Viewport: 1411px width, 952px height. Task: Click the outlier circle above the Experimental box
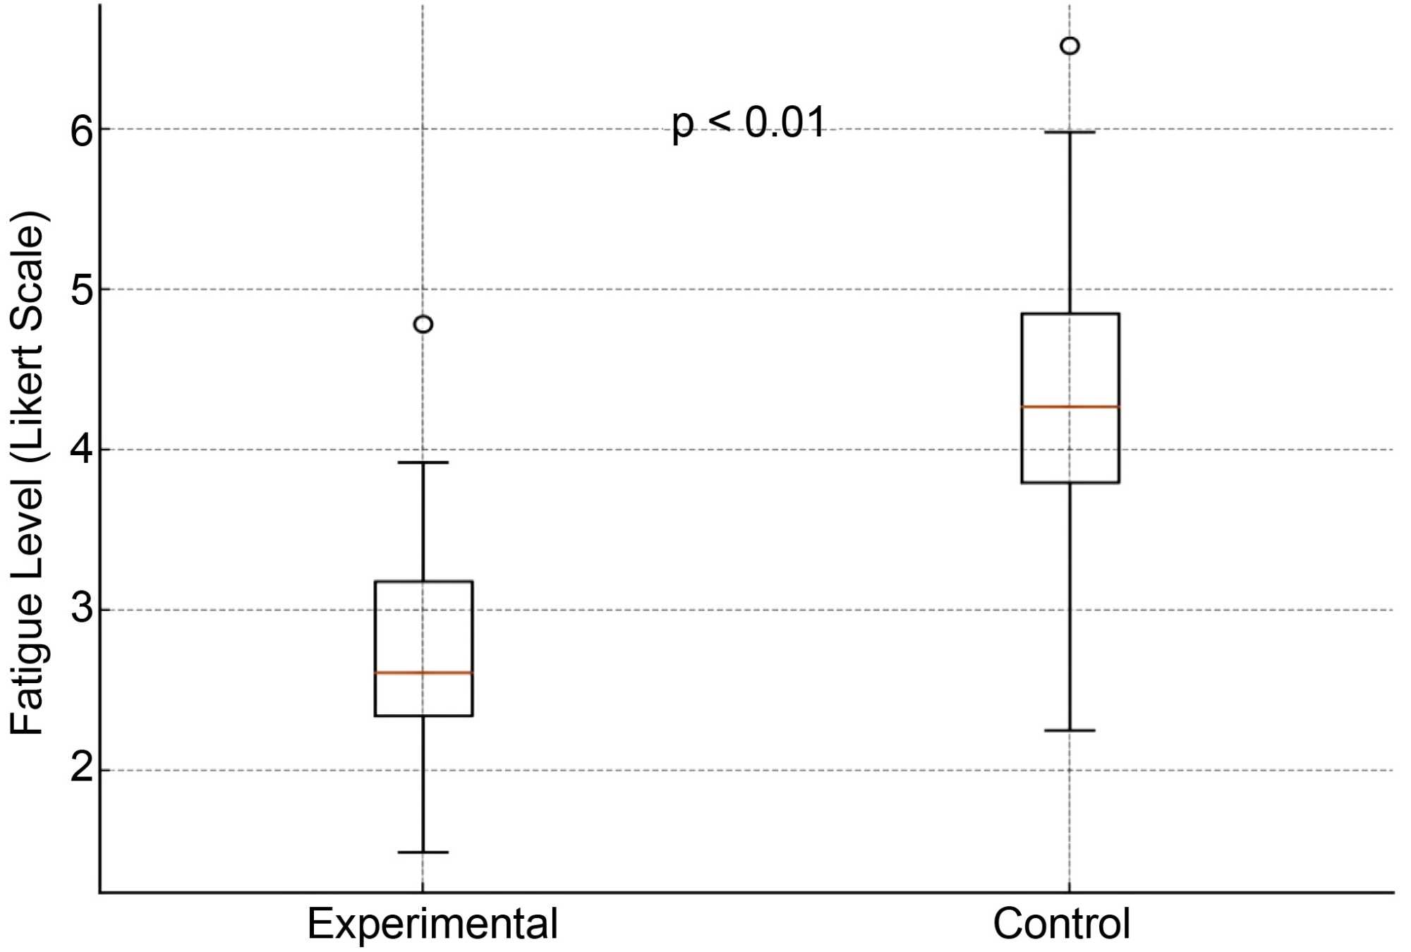(x=423, y=324)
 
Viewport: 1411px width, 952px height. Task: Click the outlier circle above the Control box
(x=1070, y=46)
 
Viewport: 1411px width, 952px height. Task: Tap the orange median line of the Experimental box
(x=423, y=673)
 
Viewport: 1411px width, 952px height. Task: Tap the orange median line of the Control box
(x=1070, y=406)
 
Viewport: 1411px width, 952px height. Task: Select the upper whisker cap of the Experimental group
(x=423, y=462)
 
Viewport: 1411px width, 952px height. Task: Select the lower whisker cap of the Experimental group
(x=423, y=852)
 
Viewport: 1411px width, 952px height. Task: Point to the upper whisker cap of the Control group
(x=1070, y=132)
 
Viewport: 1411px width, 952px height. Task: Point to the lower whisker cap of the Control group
(x=1070, y=730)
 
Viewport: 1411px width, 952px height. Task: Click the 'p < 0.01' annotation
(x=749, y=124)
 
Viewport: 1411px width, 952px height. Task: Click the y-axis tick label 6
(x=81, y=130)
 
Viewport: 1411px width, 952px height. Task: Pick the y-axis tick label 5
(x=81, y=290)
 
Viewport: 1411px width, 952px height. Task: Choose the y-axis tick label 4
(x=81, y=450)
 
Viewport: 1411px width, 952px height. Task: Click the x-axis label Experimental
(x=432, y=924)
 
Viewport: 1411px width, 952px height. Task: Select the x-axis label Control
(x=1061, y=924)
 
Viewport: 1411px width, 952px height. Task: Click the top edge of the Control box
(x=1070, y=314)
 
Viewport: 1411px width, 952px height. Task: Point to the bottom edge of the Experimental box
(x=423, y=716)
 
